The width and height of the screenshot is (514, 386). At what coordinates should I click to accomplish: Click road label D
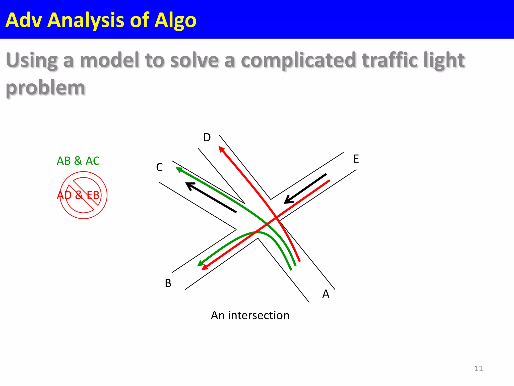[207, 137]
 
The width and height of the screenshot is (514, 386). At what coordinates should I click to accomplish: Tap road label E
[356, 159]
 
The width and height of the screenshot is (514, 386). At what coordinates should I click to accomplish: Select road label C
[159, 167]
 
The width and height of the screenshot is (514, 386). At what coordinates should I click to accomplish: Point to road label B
[168, 283]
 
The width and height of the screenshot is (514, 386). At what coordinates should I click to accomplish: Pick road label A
[326, 294]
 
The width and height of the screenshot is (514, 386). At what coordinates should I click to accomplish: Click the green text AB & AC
[78, 161]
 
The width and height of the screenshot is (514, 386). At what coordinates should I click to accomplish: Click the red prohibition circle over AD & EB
[84, 195]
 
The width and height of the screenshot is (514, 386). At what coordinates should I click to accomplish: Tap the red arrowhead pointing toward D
[221, 149]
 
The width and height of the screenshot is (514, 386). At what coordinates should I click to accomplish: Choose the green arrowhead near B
[201, 263]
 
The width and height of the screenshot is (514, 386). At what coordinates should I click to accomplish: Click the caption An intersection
[250, 315]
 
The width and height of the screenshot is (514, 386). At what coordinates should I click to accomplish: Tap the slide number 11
[478, 368]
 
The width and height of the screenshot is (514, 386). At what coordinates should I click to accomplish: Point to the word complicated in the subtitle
[298, 60]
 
